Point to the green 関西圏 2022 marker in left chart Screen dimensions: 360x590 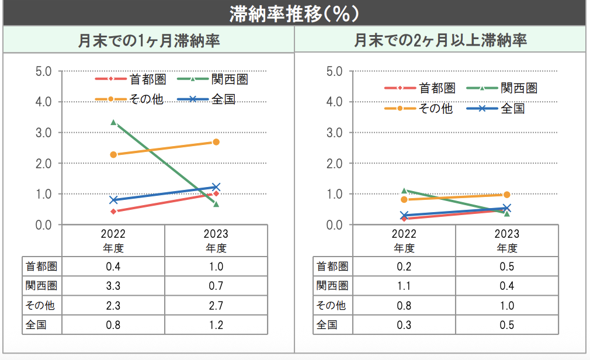click(x=113, y=123)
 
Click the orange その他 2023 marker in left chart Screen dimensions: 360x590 click(x=216, y=142)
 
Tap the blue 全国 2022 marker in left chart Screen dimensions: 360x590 click(x=113, y=200)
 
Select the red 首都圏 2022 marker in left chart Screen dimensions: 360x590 click(x=113, y=212)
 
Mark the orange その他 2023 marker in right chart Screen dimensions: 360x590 click(x=506, y=195)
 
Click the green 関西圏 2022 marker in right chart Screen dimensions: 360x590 click(x=404, y=191)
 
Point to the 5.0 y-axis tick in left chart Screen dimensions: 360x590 click(x=44, y=71)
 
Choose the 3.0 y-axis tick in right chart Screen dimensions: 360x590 click(x=335, y=133)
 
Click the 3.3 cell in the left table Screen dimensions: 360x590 click(x=113, y=286)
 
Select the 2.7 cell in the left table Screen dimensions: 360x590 click(x=216, y=305)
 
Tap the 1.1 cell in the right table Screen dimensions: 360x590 click(x=404, y=286)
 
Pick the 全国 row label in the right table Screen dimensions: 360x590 click(x=327, y=324)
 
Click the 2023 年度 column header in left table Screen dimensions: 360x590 click(x=216, y=241)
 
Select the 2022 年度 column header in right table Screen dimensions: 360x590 click(x=404, y=241)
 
